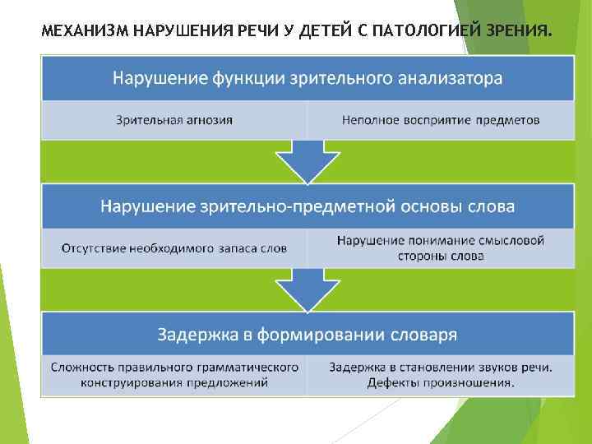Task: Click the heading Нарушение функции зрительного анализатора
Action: click(308, 78)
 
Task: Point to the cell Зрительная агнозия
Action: click(173, 120)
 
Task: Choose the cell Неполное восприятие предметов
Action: click(441, 120)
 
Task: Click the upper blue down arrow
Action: click(308, 160)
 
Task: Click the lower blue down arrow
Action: click(308, 289)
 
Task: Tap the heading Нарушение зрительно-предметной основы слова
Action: click(308, 206)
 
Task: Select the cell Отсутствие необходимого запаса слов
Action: click(173, 248)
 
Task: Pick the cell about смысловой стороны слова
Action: click(441, 248)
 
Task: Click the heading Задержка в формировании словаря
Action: click(308, 334)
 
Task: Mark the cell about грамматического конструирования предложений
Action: click(173, 374)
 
